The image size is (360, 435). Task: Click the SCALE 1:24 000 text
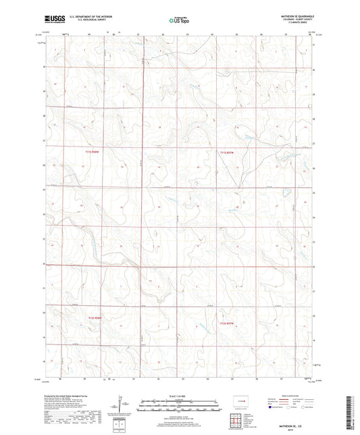point(179,394)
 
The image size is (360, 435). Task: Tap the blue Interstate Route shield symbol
point(272,408)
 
